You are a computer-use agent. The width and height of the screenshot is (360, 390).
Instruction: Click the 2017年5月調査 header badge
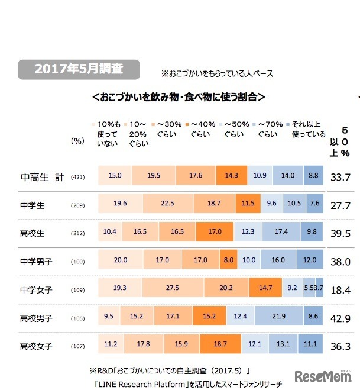[x=79, y=69]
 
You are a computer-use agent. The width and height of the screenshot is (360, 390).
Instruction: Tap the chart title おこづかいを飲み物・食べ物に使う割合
[x=178, y=96]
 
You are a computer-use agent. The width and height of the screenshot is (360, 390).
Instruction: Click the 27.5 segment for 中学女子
[x=173, y=289]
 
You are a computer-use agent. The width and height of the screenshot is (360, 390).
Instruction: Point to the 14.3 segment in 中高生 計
[x=231, y=176]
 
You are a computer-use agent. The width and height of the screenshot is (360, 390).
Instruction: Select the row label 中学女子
[x=37, y=290]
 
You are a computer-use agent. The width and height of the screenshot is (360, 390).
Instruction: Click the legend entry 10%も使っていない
[x=108, y=133]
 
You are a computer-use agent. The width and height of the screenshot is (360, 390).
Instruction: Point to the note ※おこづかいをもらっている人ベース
[x=218, y=75]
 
